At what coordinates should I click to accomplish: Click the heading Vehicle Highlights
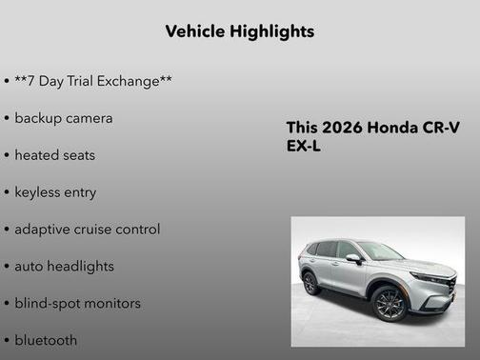point(239,31)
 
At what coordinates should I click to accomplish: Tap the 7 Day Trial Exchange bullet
point(93,81)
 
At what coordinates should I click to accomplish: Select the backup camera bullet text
point(64,118)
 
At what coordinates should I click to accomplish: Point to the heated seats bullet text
point(55,154)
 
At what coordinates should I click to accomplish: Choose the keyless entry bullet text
point(55,191)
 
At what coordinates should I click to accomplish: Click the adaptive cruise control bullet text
point(87,229)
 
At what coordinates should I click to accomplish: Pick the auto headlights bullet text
point(64,266)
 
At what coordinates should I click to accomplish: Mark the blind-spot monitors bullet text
point(77,303)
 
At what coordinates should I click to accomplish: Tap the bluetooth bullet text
point(46,340)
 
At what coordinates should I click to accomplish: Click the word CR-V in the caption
point(440,129)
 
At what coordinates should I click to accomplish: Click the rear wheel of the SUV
point(310,284)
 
